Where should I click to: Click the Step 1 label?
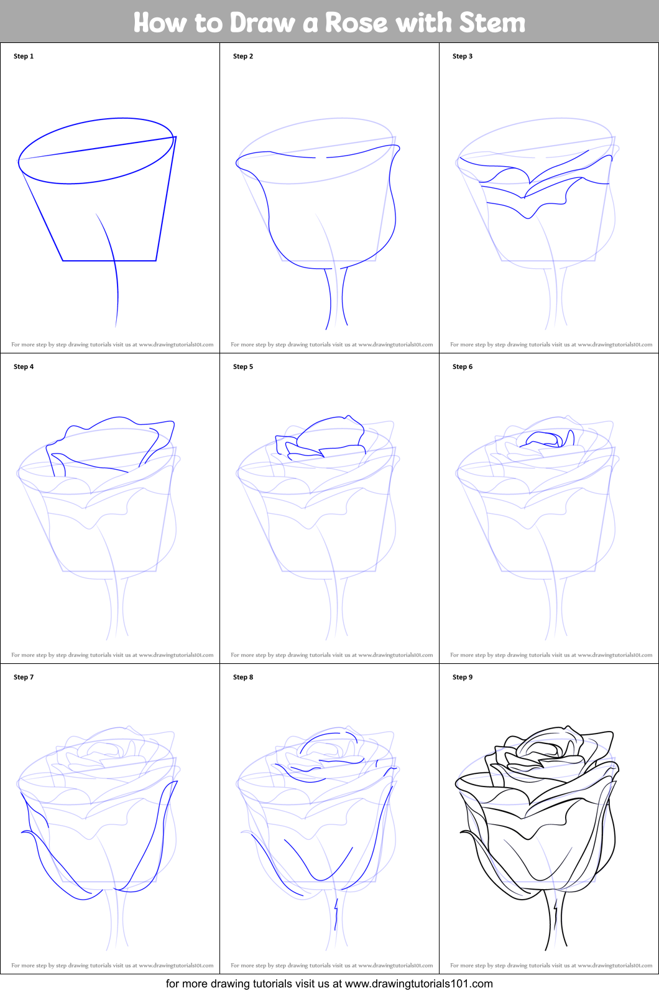24,56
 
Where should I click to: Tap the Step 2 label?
243,56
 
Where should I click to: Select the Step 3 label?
463,56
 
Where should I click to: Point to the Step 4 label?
24,366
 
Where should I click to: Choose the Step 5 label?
243,366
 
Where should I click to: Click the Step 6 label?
463,366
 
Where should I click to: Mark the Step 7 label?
24,677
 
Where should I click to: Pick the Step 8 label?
243,677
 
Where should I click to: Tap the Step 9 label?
463,677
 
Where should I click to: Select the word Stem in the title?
492,23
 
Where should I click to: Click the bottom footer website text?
329,984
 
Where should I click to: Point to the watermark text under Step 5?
331,655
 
